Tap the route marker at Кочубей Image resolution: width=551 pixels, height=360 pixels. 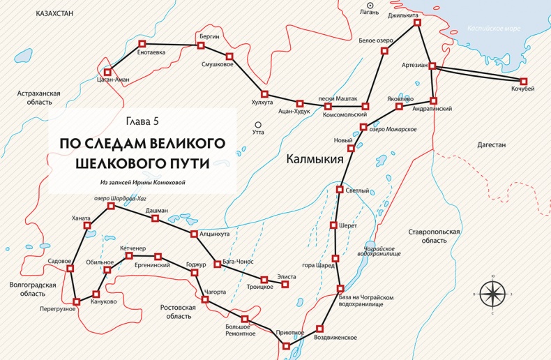[x=523, y=81]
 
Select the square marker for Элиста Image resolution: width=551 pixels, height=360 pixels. [x=285, y=284]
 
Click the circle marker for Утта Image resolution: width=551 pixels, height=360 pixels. [x=258, y=125]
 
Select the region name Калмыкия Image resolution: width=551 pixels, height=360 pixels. [x=315, y=159]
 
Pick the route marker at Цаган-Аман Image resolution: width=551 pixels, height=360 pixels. [x=107, y=71]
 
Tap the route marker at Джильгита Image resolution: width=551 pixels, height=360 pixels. [x=418, y=22]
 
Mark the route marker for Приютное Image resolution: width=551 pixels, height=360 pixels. [x=286, y=345]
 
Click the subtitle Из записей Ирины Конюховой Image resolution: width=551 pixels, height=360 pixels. [x=144, y=183]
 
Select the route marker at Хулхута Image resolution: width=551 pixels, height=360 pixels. [x=264, y=93]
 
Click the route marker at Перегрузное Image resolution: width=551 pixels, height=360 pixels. [x=76, y=302]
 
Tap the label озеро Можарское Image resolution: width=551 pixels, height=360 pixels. [x=393, y=129]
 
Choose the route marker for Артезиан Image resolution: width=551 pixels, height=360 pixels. [x=432, y=66]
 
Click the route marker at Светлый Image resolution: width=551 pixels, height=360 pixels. [x=340, y=190]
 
